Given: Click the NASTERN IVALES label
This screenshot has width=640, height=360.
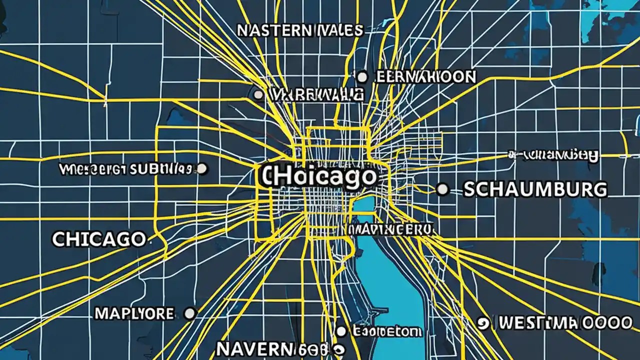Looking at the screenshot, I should tap(299, 30).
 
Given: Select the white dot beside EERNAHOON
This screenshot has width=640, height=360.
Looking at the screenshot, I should tap(362, 77).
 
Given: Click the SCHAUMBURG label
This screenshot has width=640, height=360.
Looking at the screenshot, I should tap(535, 189).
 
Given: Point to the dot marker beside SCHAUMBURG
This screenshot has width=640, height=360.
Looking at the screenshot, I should tap(442, 189).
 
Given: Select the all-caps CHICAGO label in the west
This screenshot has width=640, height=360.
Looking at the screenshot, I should tap(98, 239).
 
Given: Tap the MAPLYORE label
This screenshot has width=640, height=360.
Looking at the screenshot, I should tap(134, 314).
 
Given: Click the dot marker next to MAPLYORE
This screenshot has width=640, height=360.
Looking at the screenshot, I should tap(189, 314).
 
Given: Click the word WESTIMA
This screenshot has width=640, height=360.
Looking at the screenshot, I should tap(539, 323).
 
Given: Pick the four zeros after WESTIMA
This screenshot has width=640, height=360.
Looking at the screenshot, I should tap(605, 323).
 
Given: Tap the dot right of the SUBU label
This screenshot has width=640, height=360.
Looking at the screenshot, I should tap(202, 168).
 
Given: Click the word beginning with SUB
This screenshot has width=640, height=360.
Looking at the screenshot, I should tap(160, 169).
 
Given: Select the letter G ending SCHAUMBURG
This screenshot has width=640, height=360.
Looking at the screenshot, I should tap(599, 189).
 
